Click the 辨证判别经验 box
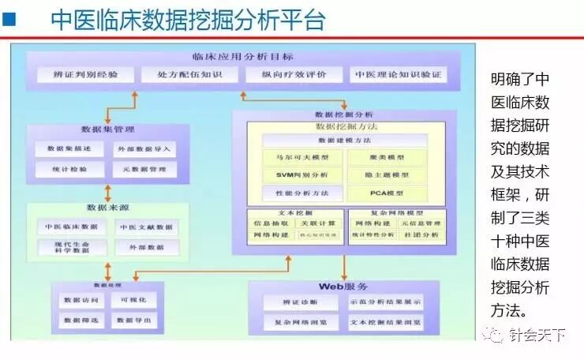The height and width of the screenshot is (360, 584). click(x=81, y=76)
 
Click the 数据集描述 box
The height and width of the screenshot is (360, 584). click(x=69, y=148)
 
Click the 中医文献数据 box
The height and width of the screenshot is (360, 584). click(x=144, y=227)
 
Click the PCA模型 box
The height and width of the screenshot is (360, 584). click(x=388, y=193)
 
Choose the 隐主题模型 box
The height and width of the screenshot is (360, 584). click(x=388, y=175)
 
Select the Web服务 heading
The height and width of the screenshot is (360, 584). click(x=343, y=286)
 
